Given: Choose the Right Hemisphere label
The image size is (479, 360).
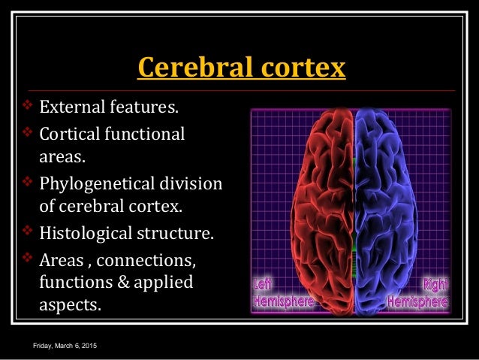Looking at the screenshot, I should click(x=420, y=294).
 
